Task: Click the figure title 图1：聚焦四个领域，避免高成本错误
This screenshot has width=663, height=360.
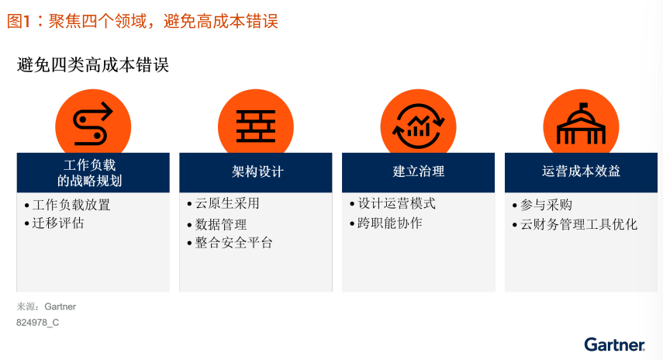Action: pyautogui.click(x=143, y=21)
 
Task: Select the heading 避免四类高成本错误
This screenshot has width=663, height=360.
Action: pyautogui.click(x=93, y=65)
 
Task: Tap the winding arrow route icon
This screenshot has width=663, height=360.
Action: pyautogui.click(x=93, y=124)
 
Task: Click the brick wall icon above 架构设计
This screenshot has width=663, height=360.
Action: pyautogui.click(x=256, y=126)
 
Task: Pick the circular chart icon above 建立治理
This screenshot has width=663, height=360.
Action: pyautogui.click(x=418, y=126)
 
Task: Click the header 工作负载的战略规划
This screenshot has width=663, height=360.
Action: pyautogui.click(x=90, y=172)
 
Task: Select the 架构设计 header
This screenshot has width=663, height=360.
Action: pyautogui.click(x=257, y=171)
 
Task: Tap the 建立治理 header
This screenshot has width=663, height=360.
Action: pyautogui.click(x=419, y=171)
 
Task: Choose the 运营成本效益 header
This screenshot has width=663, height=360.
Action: pyautogui.click(x=581, y=171)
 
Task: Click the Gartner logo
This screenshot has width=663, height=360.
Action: pyautogui.click(x=615, y=344)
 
